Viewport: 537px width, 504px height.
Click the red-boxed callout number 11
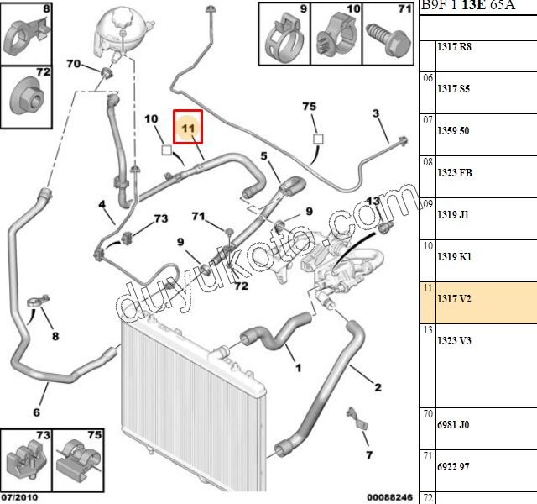(x=188, y=129)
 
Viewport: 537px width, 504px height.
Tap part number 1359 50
(x=453, y=131)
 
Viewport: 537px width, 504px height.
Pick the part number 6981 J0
(x=453, y=425)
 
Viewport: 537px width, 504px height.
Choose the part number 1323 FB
(x=455, y=172)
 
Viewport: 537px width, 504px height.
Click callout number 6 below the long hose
(x=36, y=412)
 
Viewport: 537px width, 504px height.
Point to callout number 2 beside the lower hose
(x=378, y=387)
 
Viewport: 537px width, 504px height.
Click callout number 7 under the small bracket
(x=368, y=455)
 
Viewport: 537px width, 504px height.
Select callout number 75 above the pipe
(x=310, y=107)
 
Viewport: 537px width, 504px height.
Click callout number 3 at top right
(x=376, y=113)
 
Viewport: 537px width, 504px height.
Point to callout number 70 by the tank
(x=73, y=65)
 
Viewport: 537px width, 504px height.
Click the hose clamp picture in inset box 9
(x=282, y=35)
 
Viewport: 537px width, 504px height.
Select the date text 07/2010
(x=20, y=497)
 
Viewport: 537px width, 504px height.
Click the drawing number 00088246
(x=390, y=497)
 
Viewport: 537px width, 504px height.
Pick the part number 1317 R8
(x=454, y=47)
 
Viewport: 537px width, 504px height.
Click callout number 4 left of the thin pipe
(x=101, y=204)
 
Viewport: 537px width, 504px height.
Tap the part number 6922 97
(x=453, y=466)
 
